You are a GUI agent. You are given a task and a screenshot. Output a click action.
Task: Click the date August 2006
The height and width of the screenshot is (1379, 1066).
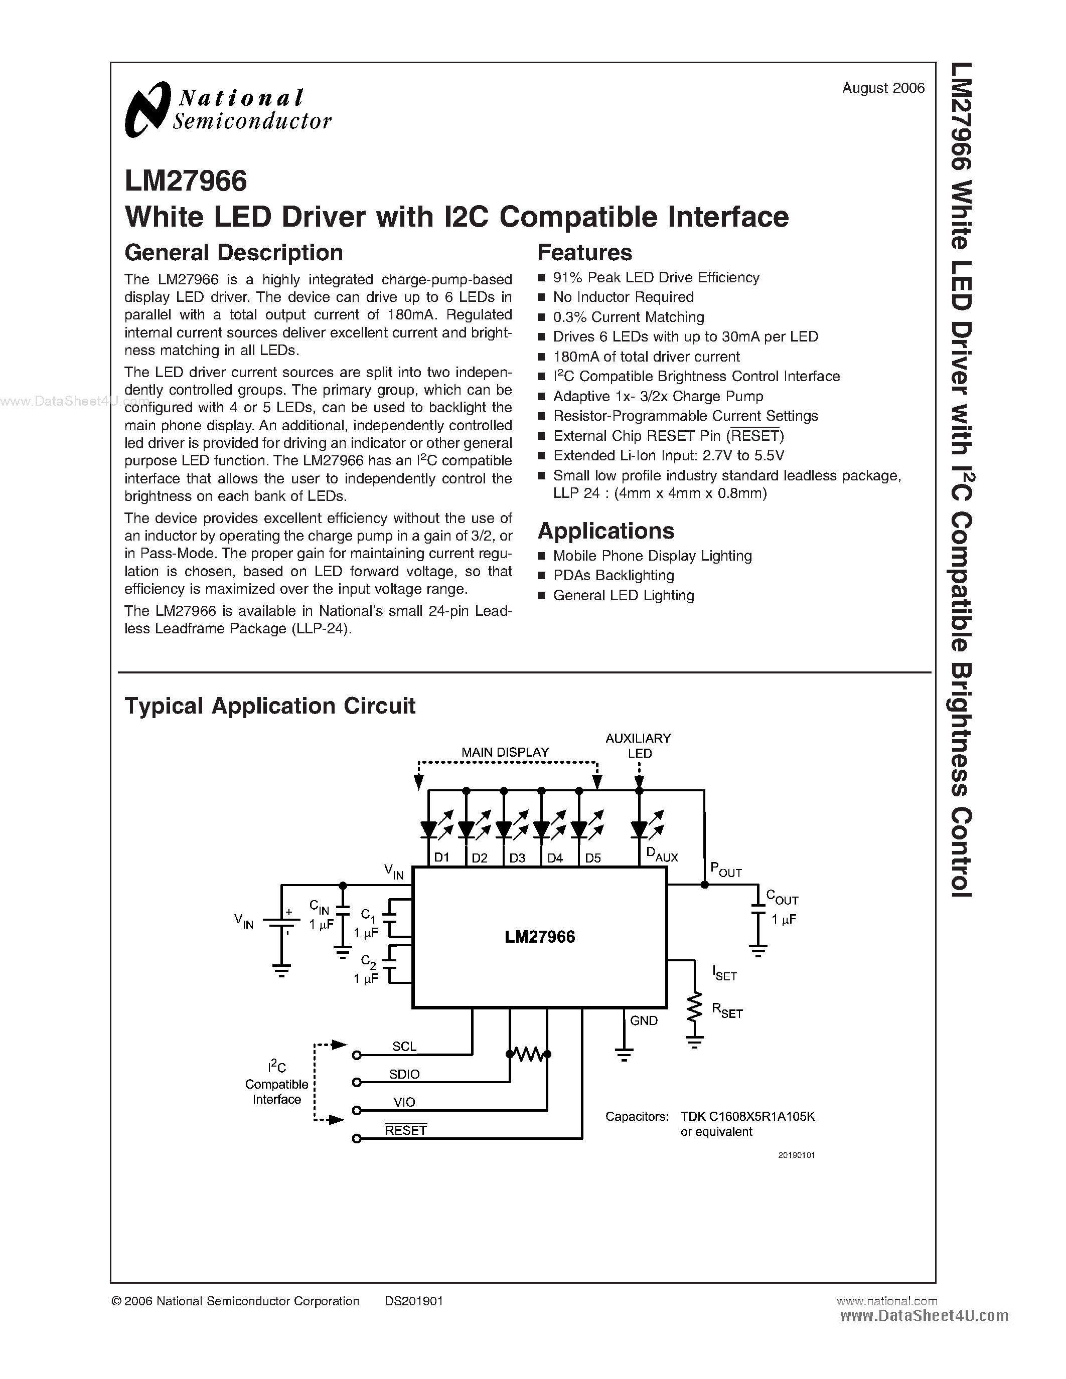(x=883, y=88)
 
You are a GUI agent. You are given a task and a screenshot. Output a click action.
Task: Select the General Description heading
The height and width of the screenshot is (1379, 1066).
(x=234, y=253)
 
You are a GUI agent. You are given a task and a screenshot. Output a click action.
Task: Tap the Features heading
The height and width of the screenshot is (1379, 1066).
(x=584, y=253)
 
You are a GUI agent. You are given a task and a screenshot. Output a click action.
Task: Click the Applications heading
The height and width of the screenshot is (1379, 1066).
(x=605, y=531)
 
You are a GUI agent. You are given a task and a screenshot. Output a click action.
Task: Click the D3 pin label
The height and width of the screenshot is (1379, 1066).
(x=517, y=858)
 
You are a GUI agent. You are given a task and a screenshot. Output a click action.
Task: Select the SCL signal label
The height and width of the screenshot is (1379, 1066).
(x=404, y=1046)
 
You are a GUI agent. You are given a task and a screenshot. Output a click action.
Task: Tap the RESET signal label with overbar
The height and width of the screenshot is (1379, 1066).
(x=406, y=1130)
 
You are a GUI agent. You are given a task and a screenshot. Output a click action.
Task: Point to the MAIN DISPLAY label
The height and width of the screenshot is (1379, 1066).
(x=505, y=753)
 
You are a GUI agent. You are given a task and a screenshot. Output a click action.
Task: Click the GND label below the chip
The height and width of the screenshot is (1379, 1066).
(x=644, y=1021)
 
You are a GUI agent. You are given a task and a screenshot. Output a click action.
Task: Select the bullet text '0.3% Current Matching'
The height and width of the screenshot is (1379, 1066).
(x=629, y=317)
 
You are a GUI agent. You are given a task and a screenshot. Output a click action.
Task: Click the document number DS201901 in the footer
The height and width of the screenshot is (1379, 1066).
(x=414, y=1301)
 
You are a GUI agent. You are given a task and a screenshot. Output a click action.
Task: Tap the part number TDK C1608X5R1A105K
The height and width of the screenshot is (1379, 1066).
(x=748, y=1116)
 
